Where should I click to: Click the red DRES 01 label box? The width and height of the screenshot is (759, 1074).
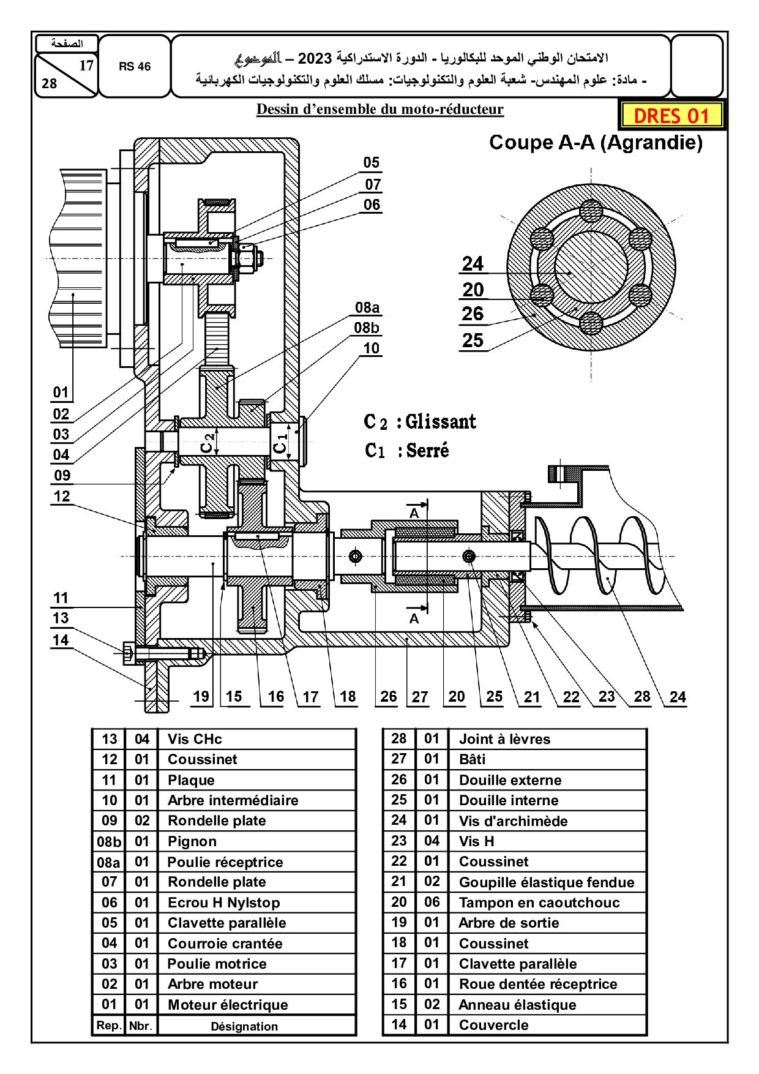coord(671,115)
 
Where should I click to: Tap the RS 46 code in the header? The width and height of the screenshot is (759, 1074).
coord(134,67)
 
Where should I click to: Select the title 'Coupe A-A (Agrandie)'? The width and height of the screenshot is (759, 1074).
coord(596,143)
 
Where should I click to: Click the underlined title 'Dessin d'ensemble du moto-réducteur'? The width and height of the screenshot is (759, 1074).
coord(379,110)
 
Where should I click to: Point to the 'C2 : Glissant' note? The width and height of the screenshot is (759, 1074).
coord(420,422)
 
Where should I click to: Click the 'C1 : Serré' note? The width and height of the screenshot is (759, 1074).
coord(407,451)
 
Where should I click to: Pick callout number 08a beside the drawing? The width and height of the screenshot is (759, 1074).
coord(367,307)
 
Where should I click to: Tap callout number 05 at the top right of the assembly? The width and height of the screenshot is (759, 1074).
coord(371,163)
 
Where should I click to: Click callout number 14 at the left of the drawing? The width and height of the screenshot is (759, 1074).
coord(60,640)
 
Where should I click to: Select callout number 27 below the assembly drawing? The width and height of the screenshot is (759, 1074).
coord(419,697)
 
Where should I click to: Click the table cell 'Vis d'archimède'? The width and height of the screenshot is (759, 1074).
coord(513,821)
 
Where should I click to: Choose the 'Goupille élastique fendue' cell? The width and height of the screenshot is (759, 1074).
coord(546,882)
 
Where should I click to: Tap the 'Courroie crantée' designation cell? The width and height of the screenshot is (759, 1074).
coord(225,944)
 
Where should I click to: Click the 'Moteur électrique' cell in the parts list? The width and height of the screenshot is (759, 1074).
coord(227,1005)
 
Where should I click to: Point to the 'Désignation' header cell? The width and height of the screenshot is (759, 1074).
coord(244,1026)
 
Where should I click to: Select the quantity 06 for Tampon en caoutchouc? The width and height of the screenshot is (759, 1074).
coord(432,903)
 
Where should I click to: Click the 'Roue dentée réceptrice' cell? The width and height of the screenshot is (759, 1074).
coord(537,984)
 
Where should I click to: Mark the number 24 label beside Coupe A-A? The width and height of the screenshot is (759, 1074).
coord(473,264)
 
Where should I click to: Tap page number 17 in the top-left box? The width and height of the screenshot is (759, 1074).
coord(86,66)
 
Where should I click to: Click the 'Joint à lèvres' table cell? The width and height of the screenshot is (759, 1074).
coord(504,739)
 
